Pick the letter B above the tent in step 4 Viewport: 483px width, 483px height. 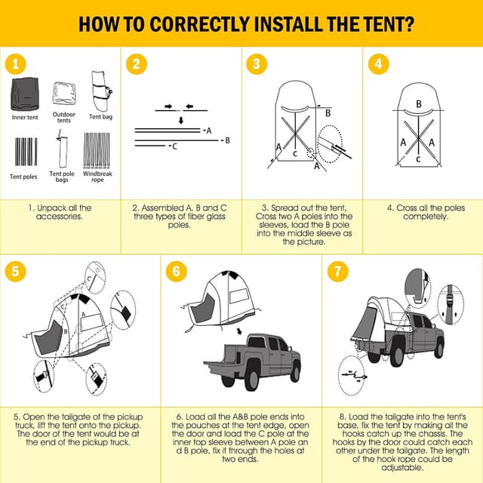click(x=419, y=103)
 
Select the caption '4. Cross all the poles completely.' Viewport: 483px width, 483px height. click(x=418, y=212)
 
